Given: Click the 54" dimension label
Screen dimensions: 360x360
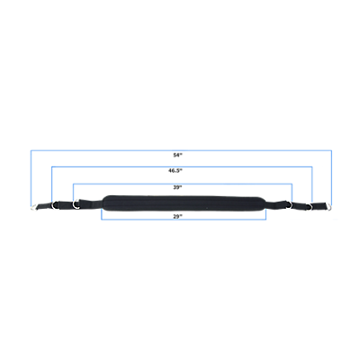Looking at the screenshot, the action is point(177,155).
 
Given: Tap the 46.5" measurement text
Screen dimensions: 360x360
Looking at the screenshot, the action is point(175,171).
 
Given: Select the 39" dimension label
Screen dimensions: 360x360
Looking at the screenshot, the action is point(177,187).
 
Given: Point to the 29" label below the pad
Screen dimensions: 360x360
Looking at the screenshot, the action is point(177,216).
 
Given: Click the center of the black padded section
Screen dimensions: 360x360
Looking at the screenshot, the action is point(184,203).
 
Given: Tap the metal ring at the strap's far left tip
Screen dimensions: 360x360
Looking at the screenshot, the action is point(34,207).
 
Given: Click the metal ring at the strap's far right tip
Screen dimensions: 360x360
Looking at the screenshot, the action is point(328,207).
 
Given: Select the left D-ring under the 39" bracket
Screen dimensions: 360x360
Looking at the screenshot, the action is point(76,203).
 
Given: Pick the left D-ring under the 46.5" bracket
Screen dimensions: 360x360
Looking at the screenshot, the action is point(55,205).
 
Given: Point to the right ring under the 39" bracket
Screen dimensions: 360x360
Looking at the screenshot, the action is point(291,204).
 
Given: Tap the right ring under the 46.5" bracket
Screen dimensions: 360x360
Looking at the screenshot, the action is point(310,206).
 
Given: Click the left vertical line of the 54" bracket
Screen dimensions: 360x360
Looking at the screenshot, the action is point(31,178).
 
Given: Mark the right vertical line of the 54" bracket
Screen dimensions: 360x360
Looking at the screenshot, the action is point(331,178).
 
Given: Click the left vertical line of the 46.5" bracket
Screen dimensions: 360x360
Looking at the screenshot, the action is point(52,184).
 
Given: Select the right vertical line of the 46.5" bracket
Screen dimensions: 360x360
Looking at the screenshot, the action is point(312,184).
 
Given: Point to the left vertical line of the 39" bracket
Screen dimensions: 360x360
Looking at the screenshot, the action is point(74,193).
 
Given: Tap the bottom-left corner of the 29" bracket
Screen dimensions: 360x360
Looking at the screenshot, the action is point(102,220).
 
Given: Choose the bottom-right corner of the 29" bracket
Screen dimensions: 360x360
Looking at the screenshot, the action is point(266,220).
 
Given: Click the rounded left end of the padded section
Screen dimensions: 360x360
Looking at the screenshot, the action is point(103,203).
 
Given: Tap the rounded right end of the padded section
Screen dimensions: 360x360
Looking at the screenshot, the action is point(265,204).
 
